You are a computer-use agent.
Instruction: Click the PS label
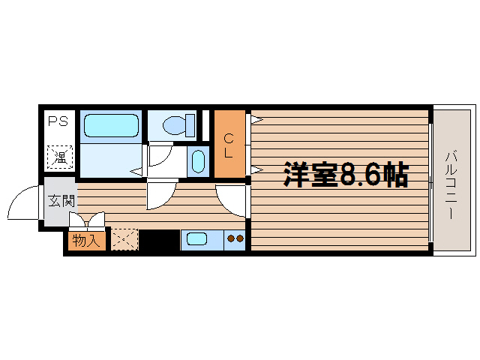point(58,121)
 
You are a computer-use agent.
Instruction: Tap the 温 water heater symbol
point(60,157)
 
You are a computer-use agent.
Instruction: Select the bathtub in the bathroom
point(111,125)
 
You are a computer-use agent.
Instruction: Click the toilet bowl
point(175,125)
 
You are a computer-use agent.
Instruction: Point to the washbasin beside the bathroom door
point(198,161)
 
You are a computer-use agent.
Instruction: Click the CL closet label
point(228,145)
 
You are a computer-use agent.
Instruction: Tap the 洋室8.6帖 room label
point(346,174)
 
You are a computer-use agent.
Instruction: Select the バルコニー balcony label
point(451,185)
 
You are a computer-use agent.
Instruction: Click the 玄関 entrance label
point(61,201)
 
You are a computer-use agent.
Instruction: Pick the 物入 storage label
point(86,241)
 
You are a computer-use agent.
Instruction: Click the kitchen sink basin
point(196,238)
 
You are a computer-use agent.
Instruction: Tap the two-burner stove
point(235,239)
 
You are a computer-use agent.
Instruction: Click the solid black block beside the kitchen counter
point(159,240)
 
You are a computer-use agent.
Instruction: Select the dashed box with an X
point(124,239)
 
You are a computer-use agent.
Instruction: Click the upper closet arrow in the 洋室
point(257,120)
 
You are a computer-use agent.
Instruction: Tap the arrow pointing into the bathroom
point(136,172)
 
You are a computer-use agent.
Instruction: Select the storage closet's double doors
point(87,220)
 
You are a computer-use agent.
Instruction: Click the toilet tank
point(190,125)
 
